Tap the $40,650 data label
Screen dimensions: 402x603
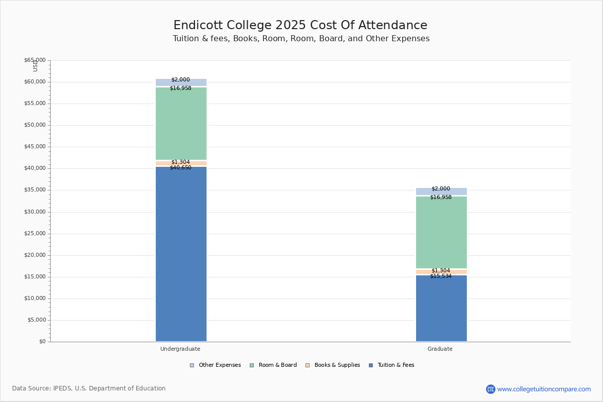click(x=180, y=168)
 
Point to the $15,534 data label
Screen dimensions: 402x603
click(x=441, y=276)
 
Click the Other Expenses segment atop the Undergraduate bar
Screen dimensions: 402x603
click(x=181, y=82)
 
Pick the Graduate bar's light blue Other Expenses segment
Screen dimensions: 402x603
click(x=441, y=191)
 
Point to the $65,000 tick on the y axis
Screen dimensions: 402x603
click(x=35, y=60)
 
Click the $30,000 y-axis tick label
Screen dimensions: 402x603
click(x=35, y=212)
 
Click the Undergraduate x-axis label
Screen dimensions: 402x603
click(x=180, y=349)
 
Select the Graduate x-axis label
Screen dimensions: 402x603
click(x=440, y=349)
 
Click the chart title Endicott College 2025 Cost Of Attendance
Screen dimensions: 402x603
click(x=300, y=26)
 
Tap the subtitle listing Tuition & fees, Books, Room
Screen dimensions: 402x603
click(x=301, y=39)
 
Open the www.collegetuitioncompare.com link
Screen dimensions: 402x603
click(x=544, y=389)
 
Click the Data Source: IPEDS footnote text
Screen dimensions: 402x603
click(x=89, y=388)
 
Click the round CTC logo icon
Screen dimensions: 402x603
click(x=490, y=389)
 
